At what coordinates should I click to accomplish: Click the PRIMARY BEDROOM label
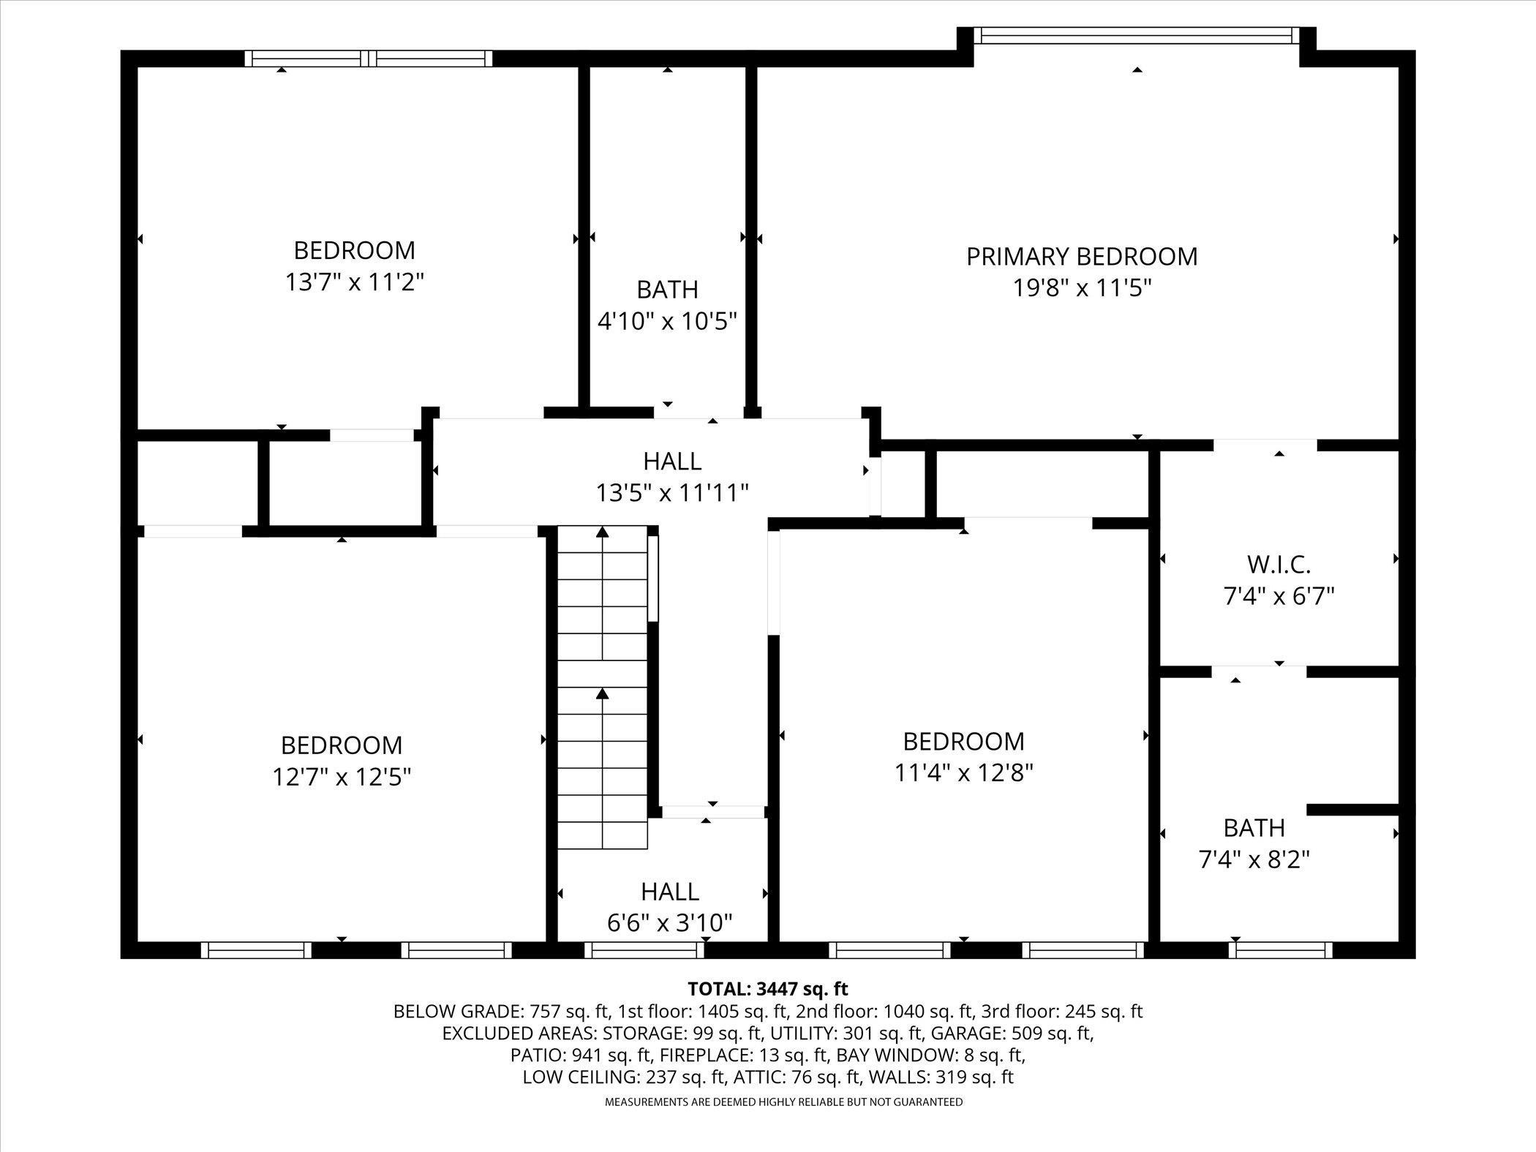pyautogui.click(x=1082, y=257)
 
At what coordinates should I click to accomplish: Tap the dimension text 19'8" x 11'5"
pyautogui.click(x=1082, y=288)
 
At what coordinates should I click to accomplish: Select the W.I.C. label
pyautogui.click(x=1279, y=564)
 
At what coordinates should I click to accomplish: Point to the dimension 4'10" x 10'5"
pyautogui.click(x=667, y=321)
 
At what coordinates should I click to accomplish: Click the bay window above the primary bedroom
pyautogui.click(x=1137, y=36)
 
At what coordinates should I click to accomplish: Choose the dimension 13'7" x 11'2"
pyautogui.click(x=355, y=282)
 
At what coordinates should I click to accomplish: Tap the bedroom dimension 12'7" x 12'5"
pyautogui.click(x=342, y=777)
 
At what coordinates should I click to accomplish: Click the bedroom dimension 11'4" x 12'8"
pyautogui.click(x=963, y=772)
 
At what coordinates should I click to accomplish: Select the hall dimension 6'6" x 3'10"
pyautogui.click(x=669, y=923)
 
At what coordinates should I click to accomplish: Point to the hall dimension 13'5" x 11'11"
pyautogui.click(x=672, y=493)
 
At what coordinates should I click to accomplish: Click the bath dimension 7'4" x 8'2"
pyautogui.click(x=1254, y=859)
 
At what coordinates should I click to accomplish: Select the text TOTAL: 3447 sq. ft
pyautogui.click(x=767, y=989)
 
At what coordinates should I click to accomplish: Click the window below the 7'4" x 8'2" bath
pyautogui.click(x=1279, y=949)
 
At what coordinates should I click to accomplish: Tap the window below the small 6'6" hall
pyautogui.click(x=644, y=949)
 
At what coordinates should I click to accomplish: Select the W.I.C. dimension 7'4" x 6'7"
pyautogui.click(x=1279, y=596)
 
